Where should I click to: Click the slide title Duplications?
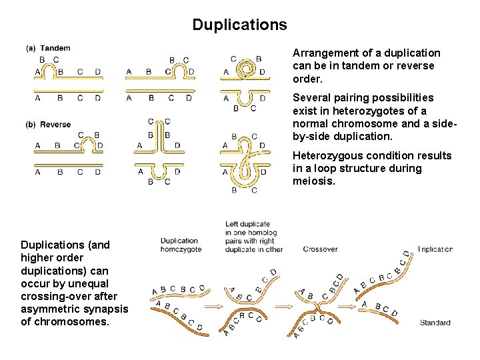click(x=239, y=25)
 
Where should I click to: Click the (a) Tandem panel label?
click(x=48, y=48)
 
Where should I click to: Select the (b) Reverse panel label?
click(x=49, y=125)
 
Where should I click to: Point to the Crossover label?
click(x=320, y=249)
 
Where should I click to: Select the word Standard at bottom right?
click(x=435, y=323)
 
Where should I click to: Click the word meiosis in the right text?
click(x=314, y=181)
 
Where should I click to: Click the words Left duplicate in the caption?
click(x=247, y=224)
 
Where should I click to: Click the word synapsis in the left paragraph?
click(x=107, y=309)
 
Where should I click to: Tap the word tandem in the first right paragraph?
click(x=355, y=66)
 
